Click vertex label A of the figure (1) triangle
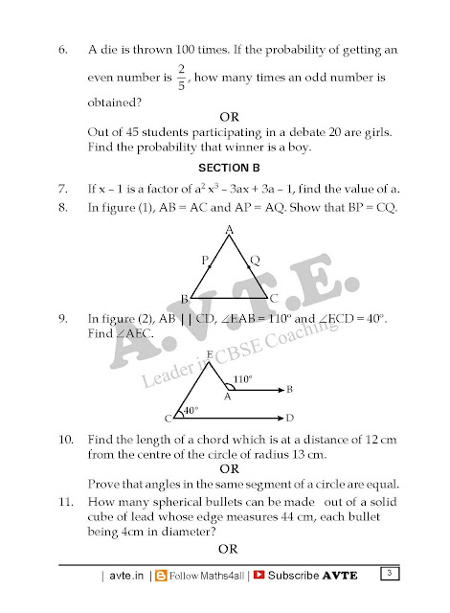[x=229, y=230]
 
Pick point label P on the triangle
[x=204, y=260]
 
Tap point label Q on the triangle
[x=254, y=260]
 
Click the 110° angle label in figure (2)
[x=242, y=378]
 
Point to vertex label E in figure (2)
[x=211, y=354]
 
